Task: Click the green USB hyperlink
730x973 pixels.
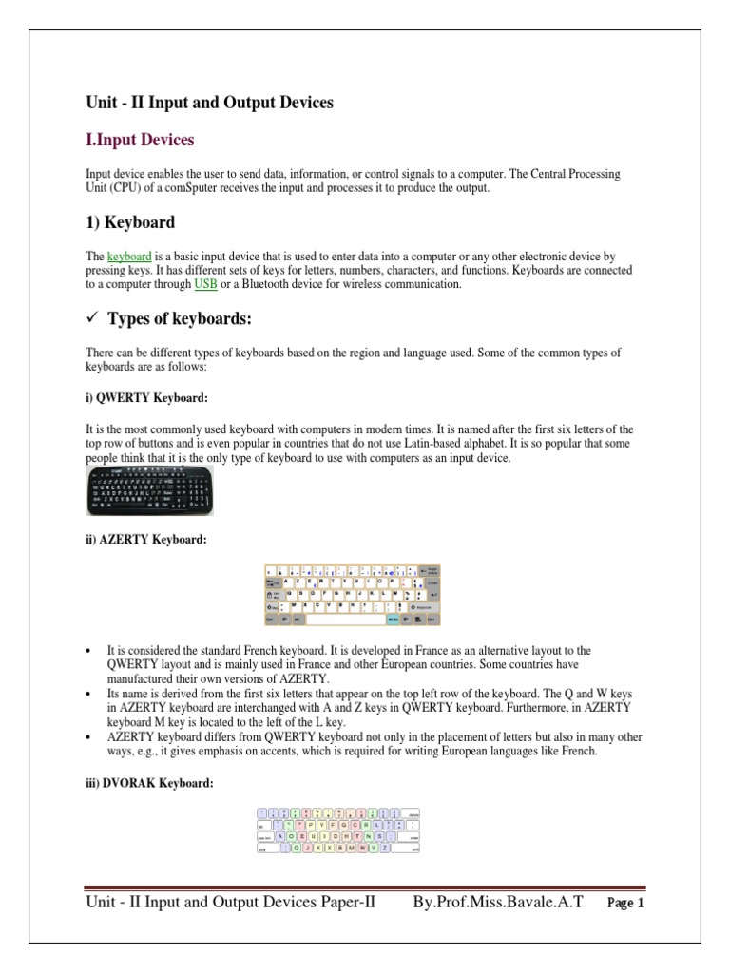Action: pyautogui.click(x=205, y=283)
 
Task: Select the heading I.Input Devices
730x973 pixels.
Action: pyautogui.click(x=140, y=140)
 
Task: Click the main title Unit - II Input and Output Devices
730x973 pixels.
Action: pyautogui.click(x=209, y=102)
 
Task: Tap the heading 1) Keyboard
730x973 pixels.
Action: pyautogui.click(x=130, y=222)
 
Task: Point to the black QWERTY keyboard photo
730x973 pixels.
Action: pyautogui.click(x=144, y=493)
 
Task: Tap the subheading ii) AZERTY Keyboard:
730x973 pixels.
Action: pyautogui.click(x=144, y=540)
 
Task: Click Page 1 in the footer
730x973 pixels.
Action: pyautogui.click(x=624, y=905)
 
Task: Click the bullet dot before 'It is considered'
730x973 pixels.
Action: pyautogui.click(x=88, y=651)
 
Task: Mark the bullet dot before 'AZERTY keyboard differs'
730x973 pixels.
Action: pyautogui.click(x=88, y=737)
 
